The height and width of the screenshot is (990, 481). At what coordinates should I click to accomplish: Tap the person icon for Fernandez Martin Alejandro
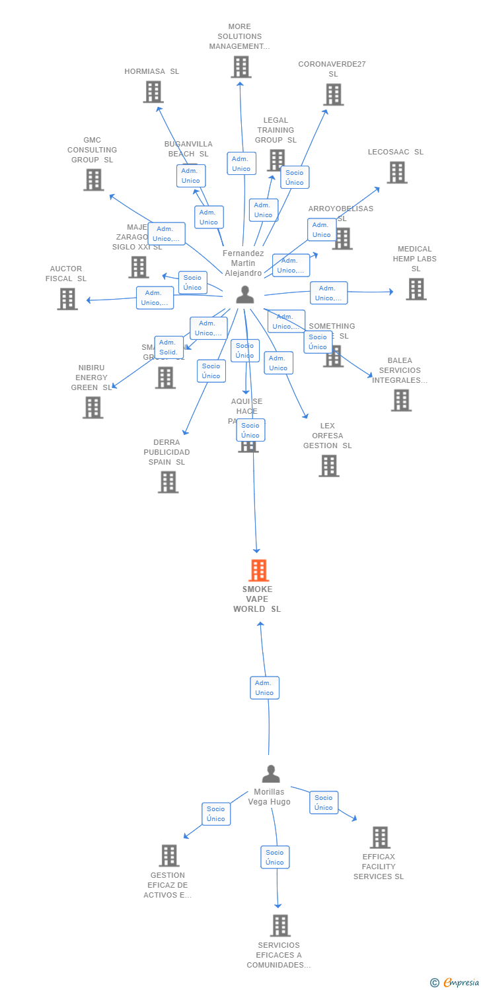pos(245,294)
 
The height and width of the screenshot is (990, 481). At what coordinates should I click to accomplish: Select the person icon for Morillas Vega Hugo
pos(271,774)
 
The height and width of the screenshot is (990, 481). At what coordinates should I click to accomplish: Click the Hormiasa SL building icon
pos(153,92)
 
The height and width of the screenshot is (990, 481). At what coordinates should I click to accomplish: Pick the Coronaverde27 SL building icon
pos(333,94)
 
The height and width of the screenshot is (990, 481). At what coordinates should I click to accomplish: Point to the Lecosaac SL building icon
pos(396,172)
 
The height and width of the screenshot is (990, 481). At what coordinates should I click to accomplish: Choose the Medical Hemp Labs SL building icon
pos(416,288)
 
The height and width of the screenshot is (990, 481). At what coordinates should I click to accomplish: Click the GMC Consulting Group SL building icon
pos(94,180)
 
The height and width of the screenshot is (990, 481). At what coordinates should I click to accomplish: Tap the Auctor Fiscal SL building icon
pos(67,299)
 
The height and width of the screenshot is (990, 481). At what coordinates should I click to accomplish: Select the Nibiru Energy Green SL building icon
pos(92,407)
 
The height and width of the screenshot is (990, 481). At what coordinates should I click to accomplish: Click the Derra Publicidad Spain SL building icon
pos(168,482)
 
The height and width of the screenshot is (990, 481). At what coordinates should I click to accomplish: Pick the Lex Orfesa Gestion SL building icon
pos(328,465)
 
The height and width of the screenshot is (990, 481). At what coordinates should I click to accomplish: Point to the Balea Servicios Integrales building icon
pos(400,400)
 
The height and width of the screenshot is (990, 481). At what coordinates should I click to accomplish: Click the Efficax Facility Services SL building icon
pos(379,838)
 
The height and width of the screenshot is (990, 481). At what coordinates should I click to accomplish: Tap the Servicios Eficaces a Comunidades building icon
pos(280,925)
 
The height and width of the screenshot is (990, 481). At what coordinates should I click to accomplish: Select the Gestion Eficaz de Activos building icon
pos(169,855)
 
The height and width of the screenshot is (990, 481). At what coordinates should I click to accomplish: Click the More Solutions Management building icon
pos(241,67)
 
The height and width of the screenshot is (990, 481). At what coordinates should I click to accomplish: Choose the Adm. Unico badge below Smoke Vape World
pos(264,688)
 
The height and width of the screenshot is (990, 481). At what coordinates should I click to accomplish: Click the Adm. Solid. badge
pos(168,347)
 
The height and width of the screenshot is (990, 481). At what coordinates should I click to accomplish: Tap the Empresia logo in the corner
pos(455,983)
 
